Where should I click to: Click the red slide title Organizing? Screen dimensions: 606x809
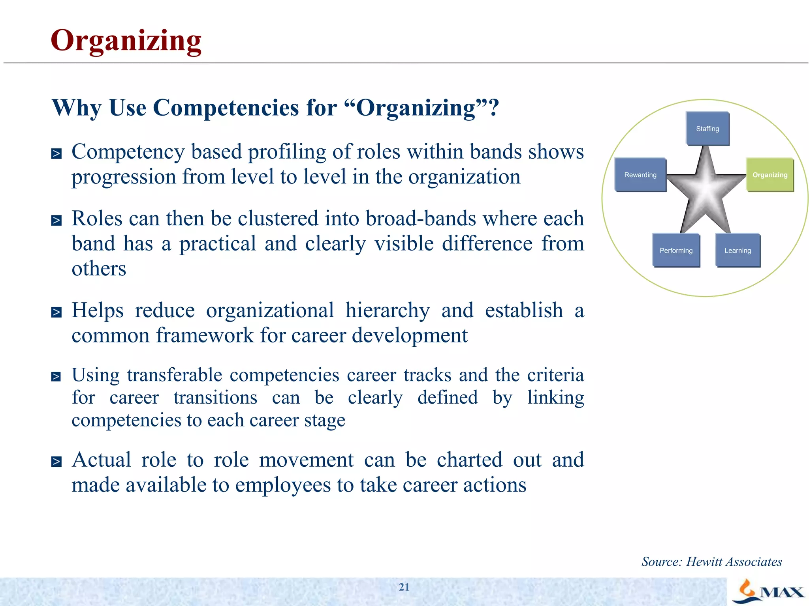126,41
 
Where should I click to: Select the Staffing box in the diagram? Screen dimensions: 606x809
707,129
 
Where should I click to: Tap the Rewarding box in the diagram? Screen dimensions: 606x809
640,175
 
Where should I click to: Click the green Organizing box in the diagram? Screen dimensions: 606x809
769,175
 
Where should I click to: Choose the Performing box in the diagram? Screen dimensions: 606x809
676,251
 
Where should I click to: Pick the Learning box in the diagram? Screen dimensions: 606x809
738,251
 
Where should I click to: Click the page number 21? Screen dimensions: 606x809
404,587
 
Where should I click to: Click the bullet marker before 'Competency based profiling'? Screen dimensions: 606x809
56,153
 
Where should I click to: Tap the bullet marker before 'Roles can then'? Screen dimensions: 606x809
56,220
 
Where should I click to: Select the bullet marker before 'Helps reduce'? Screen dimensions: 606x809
56,312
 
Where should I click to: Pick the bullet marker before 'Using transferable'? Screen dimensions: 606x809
56,377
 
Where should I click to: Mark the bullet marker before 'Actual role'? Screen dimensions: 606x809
56,461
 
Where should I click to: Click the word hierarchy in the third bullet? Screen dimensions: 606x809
388,311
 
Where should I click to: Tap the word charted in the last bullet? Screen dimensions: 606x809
469,460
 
